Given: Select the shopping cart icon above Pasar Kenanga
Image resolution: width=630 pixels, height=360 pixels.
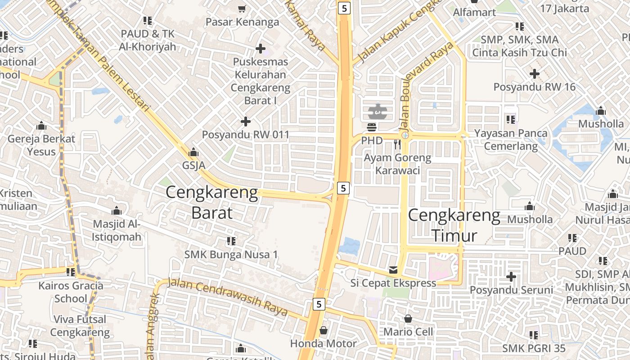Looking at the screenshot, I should point(242,9).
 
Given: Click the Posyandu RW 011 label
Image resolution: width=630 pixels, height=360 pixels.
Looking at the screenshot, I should point(245,135).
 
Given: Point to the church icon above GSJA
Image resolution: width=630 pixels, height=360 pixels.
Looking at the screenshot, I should point(193,153).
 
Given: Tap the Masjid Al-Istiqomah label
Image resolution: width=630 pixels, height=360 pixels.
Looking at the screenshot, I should point(117,230).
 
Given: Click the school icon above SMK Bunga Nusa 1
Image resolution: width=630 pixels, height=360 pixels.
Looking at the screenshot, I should point(231,241).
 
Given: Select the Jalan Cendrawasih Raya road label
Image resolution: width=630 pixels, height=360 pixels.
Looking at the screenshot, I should point(227,297).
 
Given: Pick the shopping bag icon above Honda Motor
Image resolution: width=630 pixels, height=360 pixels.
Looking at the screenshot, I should point(323,331).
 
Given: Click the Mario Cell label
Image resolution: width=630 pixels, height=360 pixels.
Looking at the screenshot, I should point(408,332).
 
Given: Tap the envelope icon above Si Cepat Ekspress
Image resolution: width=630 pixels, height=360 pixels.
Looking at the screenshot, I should point(393,270).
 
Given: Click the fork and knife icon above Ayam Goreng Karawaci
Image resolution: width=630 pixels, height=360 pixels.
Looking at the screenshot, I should point(397,144).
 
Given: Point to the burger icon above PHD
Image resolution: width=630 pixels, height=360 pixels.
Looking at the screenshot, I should point(372,127).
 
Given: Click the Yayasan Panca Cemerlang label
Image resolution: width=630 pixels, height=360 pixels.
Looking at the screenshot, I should point(511,139).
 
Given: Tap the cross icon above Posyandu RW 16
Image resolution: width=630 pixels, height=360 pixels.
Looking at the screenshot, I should point(534,73).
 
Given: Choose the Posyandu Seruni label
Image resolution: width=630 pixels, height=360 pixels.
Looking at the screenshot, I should point(511,290).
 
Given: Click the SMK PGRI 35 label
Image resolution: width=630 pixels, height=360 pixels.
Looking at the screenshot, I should point(534,348).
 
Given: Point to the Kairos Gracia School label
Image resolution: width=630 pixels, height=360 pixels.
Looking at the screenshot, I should point(71,292).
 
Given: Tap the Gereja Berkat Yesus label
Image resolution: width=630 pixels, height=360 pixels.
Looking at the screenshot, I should point(41,145).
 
